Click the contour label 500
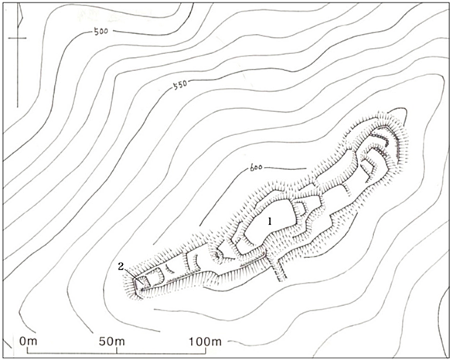click(x=100, y=31)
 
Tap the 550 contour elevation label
click(x=179, y=84)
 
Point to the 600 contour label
click(x=255, y=168)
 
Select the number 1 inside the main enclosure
click(x=270, y=222)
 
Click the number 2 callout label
click(x=121, y=266)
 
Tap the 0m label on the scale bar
click(x=29, y=341)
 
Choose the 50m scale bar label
click(x=112, y=341)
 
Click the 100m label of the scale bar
click(x=206, y=341)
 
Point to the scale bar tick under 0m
click(x=28, y=351)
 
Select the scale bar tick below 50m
click(x=117, y=351)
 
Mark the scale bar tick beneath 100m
click(x=206, y=351)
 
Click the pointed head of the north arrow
click(x=19, y=15)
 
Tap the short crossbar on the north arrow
click(x=17, y=38)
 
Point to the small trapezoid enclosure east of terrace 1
click(x=301, y=208)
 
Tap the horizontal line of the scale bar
click(x=117, y=353)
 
